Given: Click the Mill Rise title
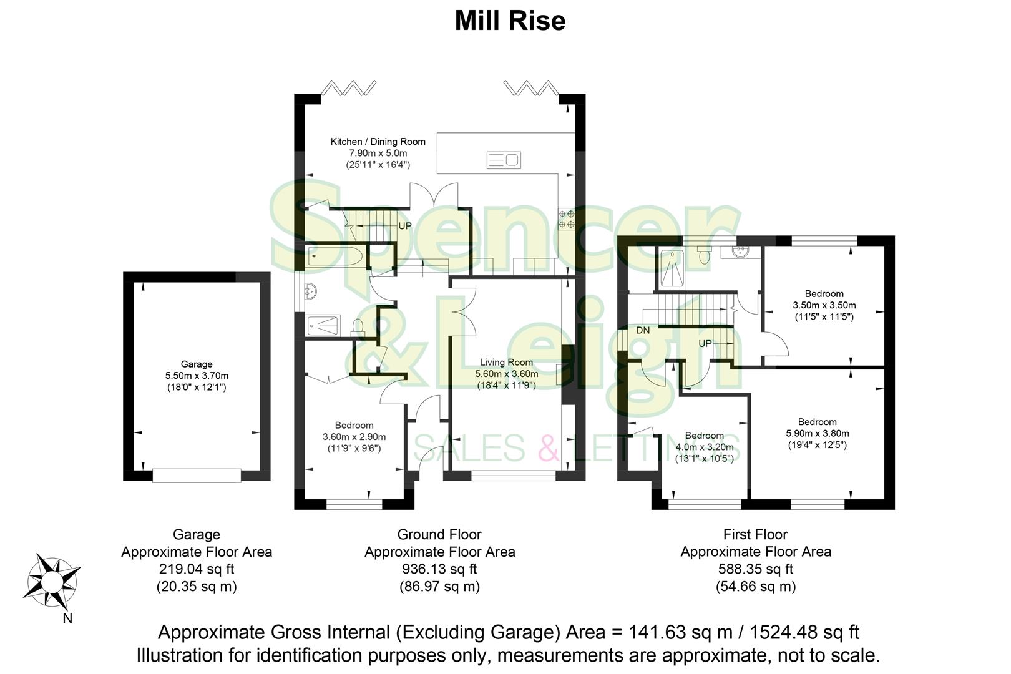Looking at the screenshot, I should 510,21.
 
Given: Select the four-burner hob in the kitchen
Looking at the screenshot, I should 567,218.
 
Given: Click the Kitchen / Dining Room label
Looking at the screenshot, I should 378,142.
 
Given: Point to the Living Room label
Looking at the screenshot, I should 506,362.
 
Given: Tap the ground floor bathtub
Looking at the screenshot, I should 334,256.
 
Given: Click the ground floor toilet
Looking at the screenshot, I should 358,326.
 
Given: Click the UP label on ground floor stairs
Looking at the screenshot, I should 404,226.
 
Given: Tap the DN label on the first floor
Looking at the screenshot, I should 643,330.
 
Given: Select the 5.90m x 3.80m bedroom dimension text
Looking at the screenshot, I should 817,433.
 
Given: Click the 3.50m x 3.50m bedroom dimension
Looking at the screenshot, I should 824,305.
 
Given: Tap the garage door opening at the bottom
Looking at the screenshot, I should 197,476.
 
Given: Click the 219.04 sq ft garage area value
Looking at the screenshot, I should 196,569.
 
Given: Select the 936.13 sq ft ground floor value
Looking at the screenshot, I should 439,569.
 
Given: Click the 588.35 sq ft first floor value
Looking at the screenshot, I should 755,569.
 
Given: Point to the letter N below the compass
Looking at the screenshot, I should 67,618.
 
